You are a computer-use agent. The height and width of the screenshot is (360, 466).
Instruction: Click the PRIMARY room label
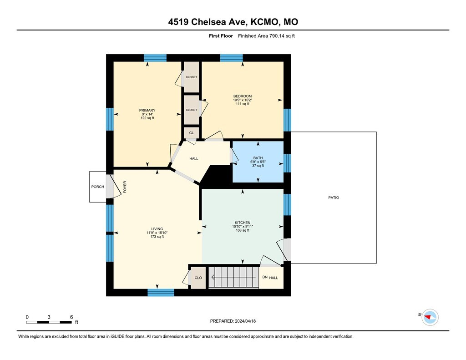pos(147,110)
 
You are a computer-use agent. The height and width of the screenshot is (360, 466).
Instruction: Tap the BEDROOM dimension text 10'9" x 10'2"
pos(243,100)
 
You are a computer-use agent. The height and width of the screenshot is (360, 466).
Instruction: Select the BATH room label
pos(258,158)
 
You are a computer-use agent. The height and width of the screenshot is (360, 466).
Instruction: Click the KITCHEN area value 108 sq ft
pos(243,230)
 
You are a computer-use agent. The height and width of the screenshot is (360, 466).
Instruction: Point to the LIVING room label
pos(157,229)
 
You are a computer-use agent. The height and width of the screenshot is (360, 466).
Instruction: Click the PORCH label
pos(97,187)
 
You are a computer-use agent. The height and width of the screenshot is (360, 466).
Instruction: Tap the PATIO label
pos(334,198)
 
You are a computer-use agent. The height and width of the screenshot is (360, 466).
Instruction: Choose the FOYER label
pos(125,187)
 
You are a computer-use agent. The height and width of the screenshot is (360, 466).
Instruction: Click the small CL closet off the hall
pos(192,133)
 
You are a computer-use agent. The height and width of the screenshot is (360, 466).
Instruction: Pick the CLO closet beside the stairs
pos(198,278)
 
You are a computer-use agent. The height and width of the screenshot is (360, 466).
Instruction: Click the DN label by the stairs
pos(265,277)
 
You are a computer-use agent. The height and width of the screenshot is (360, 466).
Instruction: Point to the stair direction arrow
pos(233,277)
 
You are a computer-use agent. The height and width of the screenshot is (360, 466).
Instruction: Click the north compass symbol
pos(430,317)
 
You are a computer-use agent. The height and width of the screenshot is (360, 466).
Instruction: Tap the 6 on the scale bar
pos(71,317)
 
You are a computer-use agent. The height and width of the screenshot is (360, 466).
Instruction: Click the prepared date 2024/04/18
pos(245,321)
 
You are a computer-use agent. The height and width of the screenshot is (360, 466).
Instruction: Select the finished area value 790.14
pos(277,36)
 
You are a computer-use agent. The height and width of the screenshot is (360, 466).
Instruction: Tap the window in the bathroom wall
pos(287,163)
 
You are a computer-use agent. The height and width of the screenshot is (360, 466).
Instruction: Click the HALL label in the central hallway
pos(194,158)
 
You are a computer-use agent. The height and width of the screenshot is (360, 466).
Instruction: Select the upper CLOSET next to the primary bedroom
pos(192,77)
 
